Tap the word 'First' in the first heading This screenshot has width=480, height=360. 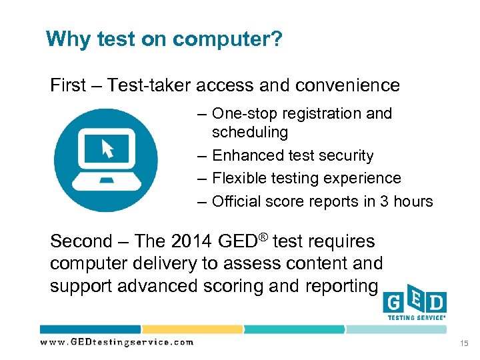tap(68, 85)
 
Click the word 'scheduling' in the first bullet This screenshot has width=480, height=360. tap(250, 133)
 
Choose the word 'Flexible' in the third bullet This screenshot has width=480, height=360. tap(241, 179)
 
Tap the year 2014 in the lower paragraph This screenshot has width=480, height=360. tap(189, 241)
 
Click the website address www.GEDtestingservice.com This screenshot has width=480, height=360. tap(117, 342)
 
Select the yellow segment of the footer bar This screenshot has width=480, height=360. tap(191, 329)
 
